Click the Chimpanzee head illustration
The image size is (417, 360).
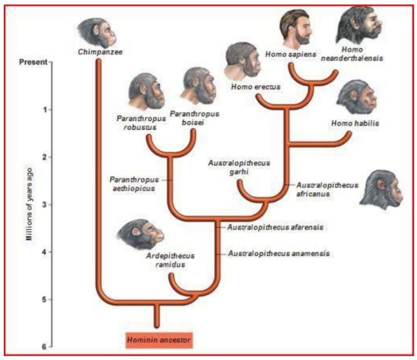click(97, 33)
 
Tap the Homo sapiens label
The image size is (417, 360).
click(291, 54)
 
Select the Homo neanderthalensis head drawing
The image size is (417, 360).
click(359, 25)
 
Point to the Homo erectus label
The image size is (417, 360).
click(256, 87)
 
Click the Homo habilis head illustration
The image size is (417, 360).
click(357, 97)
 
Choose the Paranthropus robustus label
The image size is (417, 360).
click(141, 122)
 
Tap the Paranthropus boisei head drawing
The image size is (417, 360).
click(198, 86)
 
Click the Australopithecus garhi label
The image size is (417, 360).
click(239, 167)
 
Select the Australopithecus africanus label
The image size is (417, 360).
click(327, 190)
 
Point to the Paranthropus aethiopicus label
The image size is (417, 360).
click(134, 184)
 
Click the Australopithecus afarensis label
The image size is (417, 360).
click(275, 227)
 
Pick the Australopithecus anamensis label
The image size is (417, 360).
click(279, 254)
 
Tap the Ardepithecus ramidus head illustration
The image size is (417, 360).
click(141, 234)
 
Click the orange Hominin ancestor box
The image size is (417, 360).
click(159, 340)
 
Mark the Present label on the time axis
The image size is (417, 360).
click(33, 62)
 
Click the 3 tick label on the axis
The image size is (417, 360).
click(44, 205)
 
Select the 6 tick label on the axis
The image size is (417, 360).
click(44, 347)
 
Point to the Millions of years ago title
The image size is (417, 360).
click(29, 204)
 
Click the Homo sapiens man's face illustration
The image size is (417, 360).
click(296, 29)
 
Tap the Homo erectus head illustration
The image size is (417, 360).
click(242, 61)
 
